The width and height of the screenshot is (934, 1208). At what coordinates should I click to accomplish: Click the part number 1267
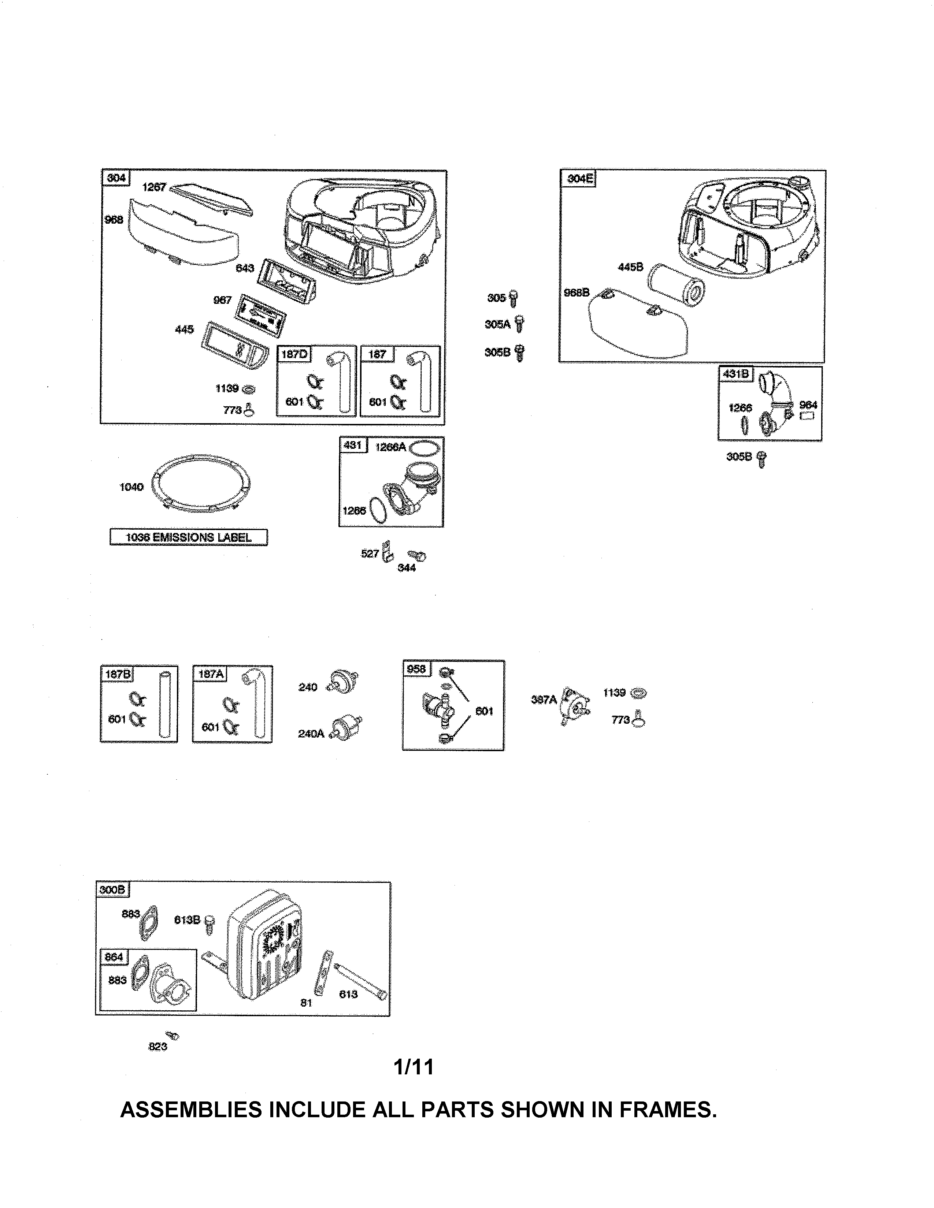154,187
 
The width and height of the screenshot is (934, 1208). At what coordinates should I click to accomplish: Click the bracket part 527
387,551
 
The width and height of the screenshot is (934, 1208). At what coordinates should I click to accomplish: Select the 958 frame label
416,669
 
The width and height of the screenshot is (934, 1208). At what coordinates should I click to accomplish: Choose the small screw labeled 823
172,1036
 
